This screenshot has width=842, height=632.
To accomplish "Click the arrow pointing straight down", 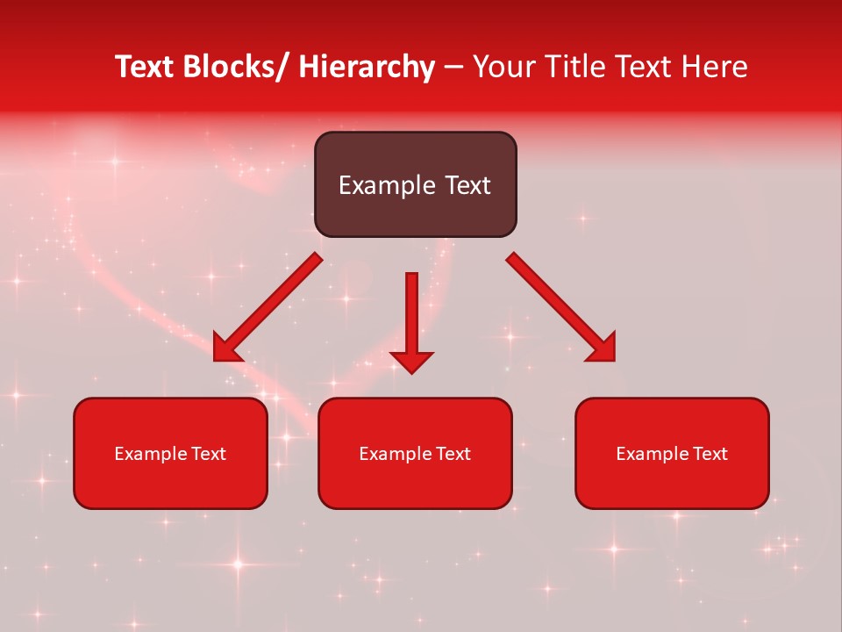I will pos(411,320).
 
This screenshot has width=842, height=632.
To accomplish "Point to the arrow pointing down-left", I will pos(268,307).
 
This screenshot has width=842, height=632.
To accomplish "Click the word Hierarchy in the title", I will pos(367,67).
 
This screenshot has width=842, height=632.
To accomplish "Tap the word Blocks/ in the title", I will pos(237,67).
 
